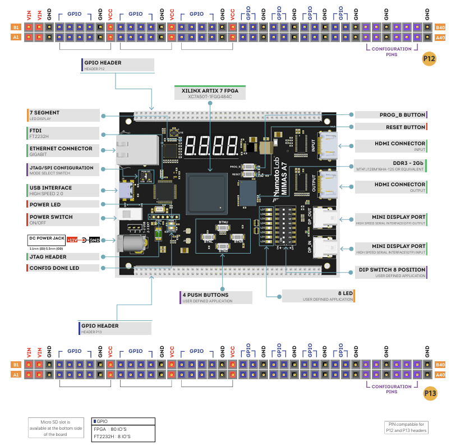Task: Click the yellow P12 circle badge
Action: (x=430, y=58)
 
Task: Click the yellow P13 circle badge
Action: (x=430, y=393)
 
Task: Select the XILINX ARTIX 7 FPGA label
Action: (x=210, y=93)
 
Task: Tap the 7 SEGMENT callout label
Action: (x=62, y=115)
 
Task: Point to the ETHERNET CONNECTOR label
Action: (x=62, y=151)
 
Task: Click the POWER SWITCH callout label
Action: (x=62, y=219)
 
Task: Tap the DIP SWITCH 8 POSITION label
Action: (x=393, y=272)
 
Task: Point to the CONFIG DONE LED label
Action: (x=62, y=268)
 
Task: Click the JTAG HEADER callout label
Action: (x=62, y=257)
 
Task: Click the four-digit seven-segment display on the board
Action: (x=211, y=146)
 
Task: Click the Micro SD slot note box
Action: (x=54, y=427)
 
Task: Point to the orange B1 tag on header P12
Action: (x=16, y=27)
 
